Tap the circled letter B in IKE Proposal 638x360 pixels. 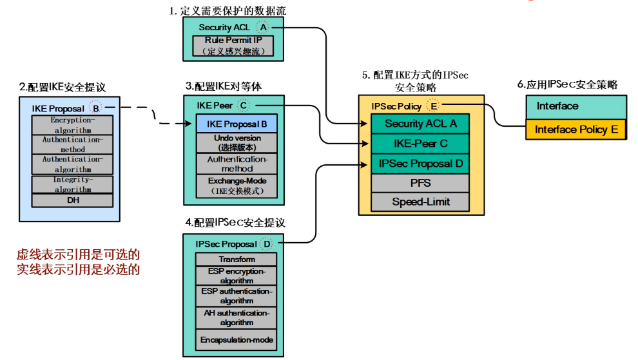tap(95, 108)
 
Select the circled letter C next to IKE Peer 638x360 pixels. tap(244, 105)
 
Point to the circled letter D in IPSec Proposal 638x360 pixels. tap(267, 244)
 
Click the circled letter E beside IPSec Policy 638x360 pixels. tap(434, 106)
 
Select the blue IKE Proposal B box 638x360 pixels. tap(237, 124)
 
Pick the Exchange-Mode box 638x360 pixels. tap(237, 185)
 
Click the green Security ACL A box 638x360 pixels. tap(420, 124)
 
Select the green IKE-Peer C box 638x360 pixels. tap(420, 144)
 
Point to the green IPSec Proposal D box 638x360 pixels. tap(420, 164)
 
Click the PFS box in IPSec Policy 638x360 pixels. tap(420, 183)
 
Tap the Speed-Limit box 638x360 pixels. tap(420, 202)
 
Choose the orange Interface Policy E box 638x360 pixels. tap(576, 129)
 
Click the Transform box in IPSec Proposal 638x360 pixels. tap(237, 260)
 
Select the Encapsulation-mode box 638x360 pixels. tap(237, 339)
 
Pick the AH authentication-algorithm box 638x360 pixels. tap(237, 317)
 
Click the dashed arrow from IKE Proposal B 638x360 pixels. tap(155, 116)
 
